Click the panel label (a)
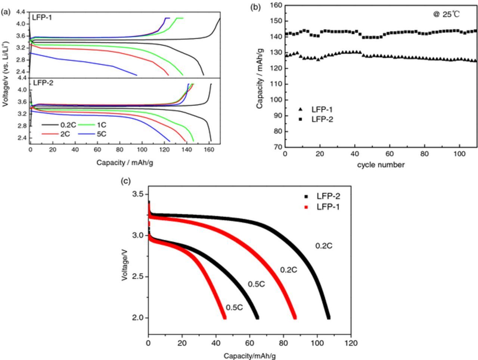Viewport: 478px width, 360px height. coord(6,12)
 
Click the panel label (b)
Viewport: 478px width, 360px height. coord(255,7)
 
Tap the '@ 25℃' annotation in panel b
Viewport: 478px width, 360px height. coord(446,15)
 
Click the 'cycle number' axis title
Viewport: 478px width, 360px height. coord(381,165)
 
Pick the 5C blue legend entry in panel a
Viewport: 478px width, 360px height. coord(93,134)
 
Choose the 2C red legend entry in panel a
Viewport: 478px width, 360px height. coord(57,134)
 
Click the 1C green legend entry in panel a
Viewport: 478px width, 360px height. coord(93,125)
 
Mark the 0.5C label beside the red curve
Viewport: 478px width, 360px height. coord(235,308)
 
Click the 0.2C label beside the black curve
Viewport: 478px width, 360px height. coord(323,246)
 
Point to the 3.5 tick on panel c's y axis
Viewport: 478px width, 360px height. coord(139,194)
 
